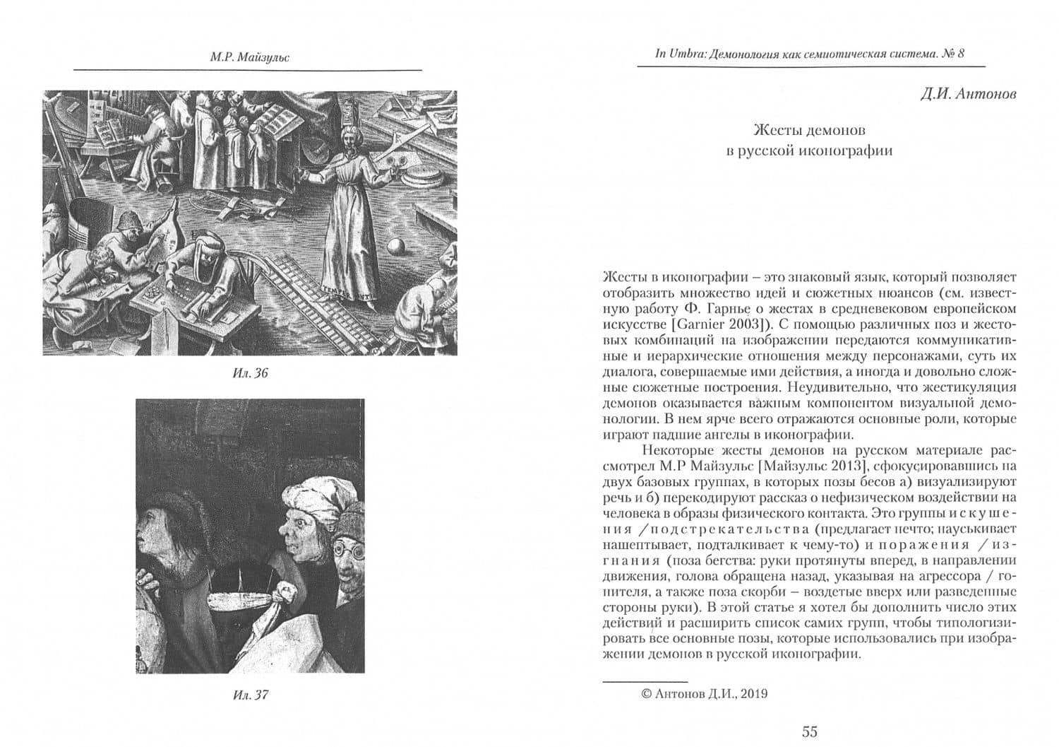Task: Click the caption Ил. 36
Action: pyautogui.click(x=250, y=373)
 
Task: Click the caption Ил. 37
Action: pyautogui.click(x=250, y=695)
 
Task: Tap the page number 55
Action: pyautogui.click(x=810, y=731)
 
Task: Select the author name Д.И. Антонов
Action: pyautogui.click(x=969, y=94)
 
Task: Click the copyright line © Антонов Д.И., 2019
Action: pyautogui.click(x=704, y=693)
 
